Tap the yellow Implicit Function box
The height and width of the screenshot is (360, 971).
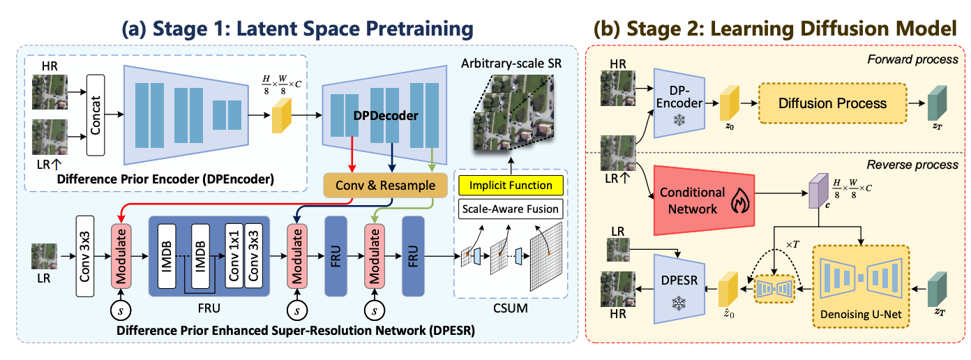pos(511,186)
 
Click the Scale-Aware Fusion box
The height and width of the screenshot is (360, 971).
pos(511,208)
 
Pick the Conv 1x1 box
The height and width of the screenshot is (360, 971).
pos(234,256)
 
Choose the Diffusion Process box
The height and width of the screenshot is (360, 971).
pos(831,103)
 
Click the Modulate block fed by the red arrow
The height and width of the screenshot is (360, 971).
pos(121,256)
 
